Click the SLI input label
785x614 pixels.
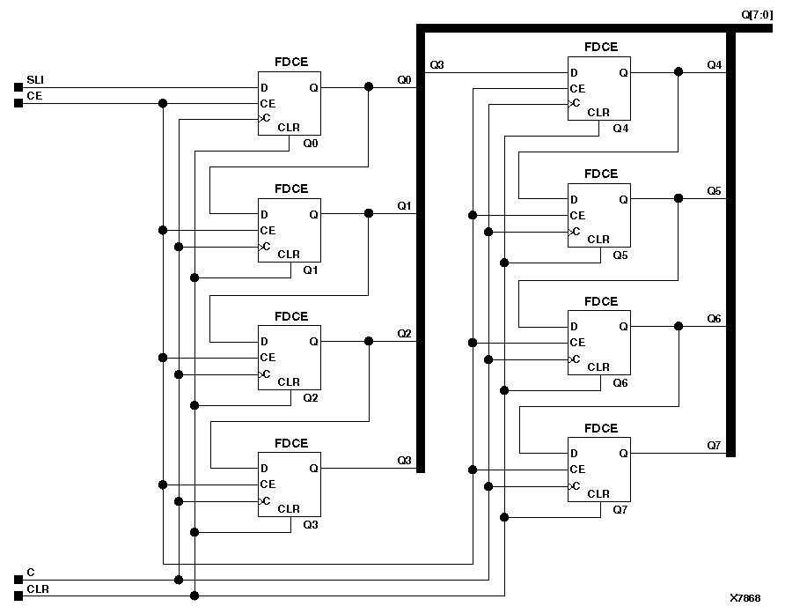tap(35, 80)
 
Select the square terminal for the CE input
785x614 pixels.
tap(18, 103)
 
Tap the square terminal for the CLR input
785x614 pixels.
tap(18, 596)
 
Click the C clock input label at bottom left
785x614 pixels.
tap(31, 572)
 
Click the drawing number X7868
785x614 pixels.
tap(745, 597)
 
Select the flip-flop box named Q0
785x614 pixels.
tap(290, 103)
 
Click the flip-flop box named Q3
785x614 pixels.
tap(290, 485)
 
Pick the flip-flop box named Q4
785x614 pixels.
tap(598, 88)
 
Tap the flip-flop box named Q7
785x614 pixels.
tap(598, 470)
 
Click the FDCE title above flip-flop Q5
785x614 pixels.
tap(601, 174)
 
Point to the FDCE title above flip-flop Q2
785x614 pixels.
tap(291, 316)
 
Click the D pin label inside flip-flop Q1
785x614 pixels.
tap(263, 214)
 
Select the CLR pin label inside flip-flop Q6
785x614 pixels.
tap(598, 366)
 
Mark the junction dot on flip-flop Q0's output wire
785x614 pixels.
tap(368, 87)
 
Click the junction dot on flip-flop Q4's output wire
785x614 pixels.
tap(678, 72)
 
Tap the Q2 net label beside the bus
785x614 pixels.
tap(404, 333)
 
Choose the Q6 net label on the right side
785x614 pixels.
tap(714, 318)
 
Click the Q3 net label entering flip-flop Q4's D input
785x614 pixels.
tap(437, 65)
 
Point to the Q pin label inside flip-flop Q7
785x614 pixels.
tap(623, 454)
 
